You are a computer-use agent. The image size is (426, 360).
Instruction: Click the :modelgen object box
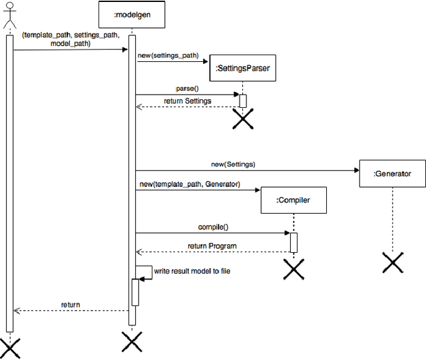click(x=131, y=15)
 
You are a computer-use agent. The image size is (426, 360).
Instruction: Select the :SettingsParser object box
click(x=243, y=68)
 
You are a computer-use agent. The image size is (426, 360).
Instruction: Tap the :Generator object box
click(x=392, y=174)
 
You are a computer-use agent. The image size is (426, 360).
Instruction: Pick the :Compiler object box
click(x=293, y=200)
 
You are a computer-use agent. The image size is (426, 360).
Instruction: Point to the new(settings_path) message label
click(x=168, y=55)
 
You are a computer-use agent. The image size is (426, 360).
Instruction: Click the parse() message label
click(x=187, y=88)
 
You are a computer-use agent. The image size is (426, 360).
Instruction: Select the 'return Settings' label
click(x=187, y=101)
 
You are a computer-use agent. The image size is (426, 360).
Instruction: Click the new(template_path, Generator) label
click(x=190, y=184)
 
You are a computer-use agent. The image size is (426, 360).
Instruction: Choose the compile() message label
click(x=213, y=226)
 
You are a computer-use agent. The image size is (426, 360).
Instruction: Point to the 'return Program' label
click(x=212, y=246)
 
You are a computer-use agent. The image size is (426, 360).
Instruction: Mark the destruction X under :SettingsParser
click(x=243, y=118)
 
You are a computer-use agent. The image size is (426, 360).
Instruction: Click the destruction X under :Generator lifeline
click(x=393, y=262)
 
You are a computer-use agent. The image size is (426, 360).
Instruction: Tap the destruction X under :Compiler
click(x=293, y=269)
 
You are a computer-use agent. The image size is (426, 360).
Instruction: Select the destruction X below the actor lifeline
click(x=9, y=347)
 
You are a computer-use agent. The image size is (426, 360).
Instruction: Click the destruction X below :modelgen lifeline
click(x=132, y=342)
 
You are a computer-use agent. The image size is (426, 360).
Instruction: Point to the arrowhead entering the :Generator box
click(x=355, y=170)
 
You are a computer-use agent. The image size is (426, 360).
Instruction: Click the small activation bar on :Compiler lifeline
click(x=293, y=242)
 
